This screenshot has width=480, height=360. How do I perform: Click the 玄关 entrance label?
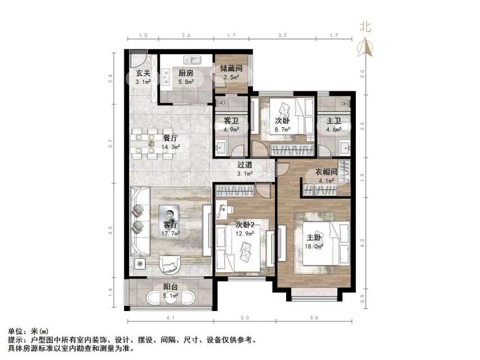(143, 73)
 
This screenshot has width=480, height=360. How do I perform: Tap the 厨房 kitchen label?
(186, 73)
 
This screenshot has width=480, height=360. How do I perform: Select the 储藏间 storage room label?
(232, 69)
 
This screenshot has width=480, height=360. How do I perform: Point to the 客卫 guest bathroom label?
(232, 121)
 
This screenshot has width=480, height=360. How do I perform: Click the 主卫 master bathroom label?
(335, 121)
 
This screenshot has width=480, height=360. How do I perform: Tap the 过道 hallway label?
(244, 165)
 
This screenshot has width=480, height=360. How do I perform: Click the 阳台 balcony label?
(170, 287)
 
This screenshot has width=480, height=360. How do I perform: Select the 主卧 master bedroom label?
(314, 237)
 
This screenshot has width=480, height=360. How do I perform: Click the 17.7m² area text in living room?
(171, 233)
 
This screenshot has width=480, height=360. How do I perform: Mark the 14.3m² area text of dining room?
(171, 147)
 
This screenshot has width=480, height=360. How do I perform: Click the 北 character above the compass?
(366, 26)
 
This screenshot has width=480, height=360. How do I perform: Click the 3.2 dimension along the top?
(283, 35)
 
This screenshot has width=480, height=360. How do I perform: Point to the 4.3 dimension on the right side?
(363, 243)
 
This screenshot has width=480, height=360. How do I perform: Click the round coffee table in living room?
(169, 213)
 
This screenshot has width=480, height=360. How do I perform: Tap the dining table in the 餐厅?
(151, 143)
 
